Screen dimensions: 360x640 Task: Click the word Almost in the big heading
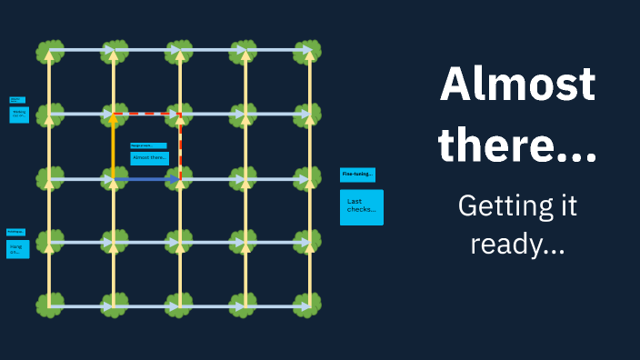[517, 85]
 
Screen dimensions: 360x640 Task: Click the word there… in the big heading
[517, 145]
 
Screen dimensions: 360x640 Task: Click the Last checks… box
[361, 207]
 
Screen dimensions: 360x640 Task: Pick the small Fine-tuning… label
[357, 175]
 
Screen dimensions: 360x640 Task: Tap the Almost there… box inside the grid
[149, 158]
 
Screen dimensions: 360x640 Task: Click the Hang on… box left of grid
[17, 248]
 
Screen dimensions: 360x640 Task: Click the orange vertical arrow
[114, 145]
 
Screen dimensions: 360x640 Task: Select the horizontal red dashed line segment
[147, 115]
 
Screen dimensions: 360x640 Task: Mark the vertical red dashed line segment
[180, 145]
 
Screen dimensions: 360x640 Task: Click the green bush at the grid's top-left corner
[49, 51]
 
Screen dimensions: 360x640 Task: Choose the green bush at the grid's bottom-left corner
[49, 305]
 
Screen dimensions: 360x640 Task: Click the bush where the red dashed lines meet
[180, 115]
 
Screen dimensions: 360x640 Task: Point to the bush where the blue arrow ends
[180, 180]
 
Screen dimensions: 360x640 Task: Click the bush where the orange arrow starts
[114, 180]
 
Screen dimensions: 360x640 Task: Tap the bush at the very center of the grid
[180, 180]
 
